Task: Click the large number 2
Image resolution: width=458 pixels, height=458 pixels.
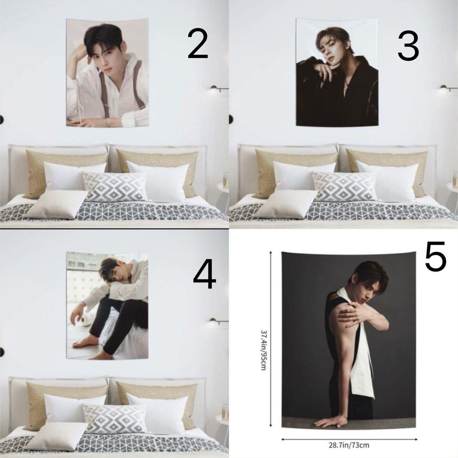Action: (x=198, y=44)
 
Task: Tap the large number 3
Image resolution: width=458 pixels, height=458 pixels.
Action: (x=408, y=47)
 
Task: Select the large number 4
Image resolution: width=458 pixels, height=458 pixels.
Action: (x=204, y=274)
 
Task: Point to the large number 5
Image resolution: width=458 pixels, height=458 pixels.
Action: (x=436, y=256)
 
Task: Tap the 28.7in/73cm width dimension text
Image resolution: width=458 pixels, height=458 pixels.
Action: (x=349, y=445)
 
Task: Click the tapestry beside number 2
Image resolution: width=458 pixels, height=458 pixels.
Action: (x=107, y=73)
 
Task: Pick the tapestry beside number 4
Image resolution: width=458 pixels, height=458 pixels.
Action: (x=107, y=305)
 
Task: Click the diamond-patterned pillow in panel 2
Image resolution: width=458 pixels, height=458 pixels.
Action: (x=115, y=187)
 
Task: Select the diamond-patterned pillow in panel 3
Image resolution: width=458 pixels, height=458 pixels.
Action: (x=344, y=187)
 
